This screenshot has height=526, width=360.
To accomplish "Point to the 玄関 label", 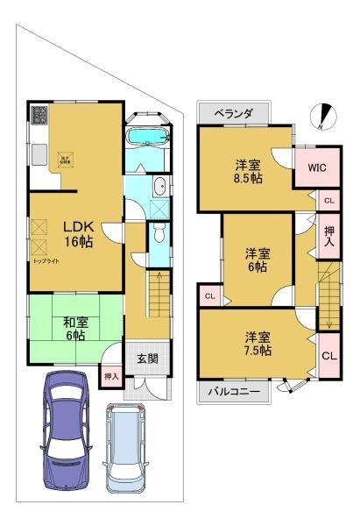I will (147, 359).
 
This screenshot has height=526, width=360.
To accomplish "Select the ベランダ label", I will (233, 115).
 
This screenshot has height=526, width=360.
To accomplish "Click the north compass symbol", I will (326, 114).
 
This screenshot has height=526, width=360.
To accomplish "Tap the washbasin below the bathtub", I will (159, 185).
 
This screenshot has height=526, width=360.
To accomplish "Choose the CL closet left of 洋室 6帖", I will (210, 296).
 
